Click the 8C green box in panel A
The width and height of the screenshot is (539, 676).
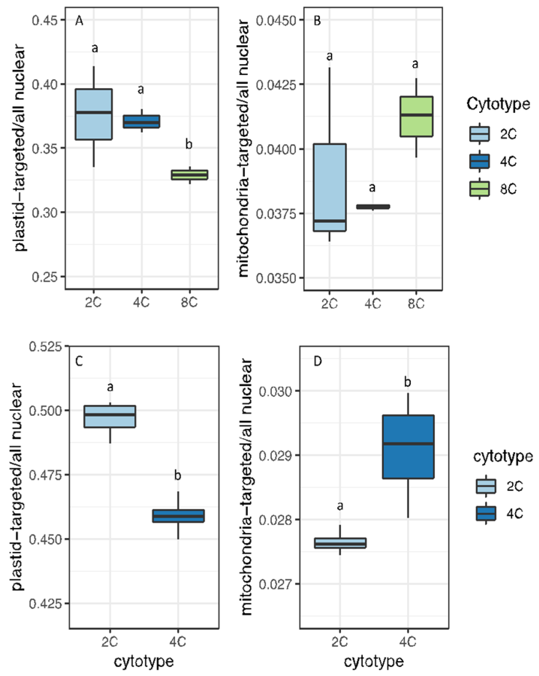(189, 175)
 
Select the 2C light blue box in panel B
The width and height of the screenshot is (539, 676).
(330, 187)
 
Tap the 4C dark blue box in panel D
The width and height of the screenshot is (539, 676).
(408, 447)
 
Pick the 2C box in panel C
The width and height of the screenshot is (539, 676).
(110, 416)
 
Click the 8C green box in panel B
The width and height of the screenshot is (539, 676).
(416, 116)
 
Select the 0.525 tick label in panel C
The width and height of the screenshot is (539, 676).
(45, 347)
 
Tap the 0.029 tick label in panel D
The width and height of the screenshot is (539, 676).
(276, 455)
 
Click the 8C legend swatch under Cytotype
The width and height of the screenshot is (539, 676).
(479, 189)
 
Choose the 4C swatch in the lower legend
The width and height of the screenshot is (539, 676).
(486, 513)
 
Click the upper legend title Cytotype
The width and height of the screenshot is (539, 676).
(498, 104)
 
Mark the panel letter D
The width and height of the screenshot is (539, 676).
(317, 361)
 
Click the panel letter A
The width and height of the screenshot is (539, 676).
(79, 21)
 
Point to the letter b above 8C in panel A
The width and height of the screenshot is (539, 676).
(189, 144)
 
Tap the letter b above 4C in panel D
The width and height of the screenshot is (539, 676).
(408, 382)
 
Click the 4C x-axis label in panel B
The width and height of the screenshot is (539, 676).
(373, 303)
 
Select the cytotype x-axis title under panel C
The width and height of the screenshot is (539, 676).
(144, 661)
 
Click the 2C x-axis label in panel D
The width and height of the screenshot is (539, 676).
(339, 641)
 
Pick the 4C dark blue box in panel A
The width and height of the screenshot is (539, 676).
(141, 121)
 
